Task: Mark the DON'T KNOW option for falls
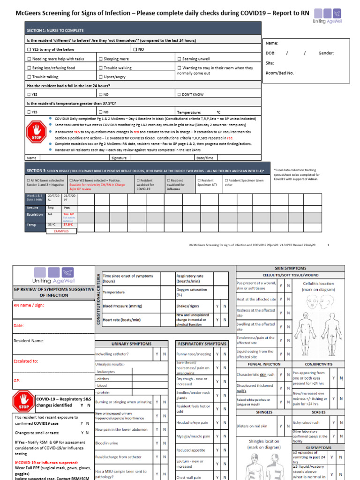pos(179,95)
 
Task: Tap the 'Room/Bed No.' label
pos(280,73)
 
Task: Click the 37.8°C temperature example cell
pos(68,225)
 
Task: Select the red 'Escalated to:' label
pos(26,361)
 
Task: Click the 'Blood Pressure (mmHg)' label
pos(122,306)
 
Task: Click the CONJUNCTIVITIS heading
pos(319,364)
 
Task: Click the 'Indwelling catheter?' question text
pos(112,354)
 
